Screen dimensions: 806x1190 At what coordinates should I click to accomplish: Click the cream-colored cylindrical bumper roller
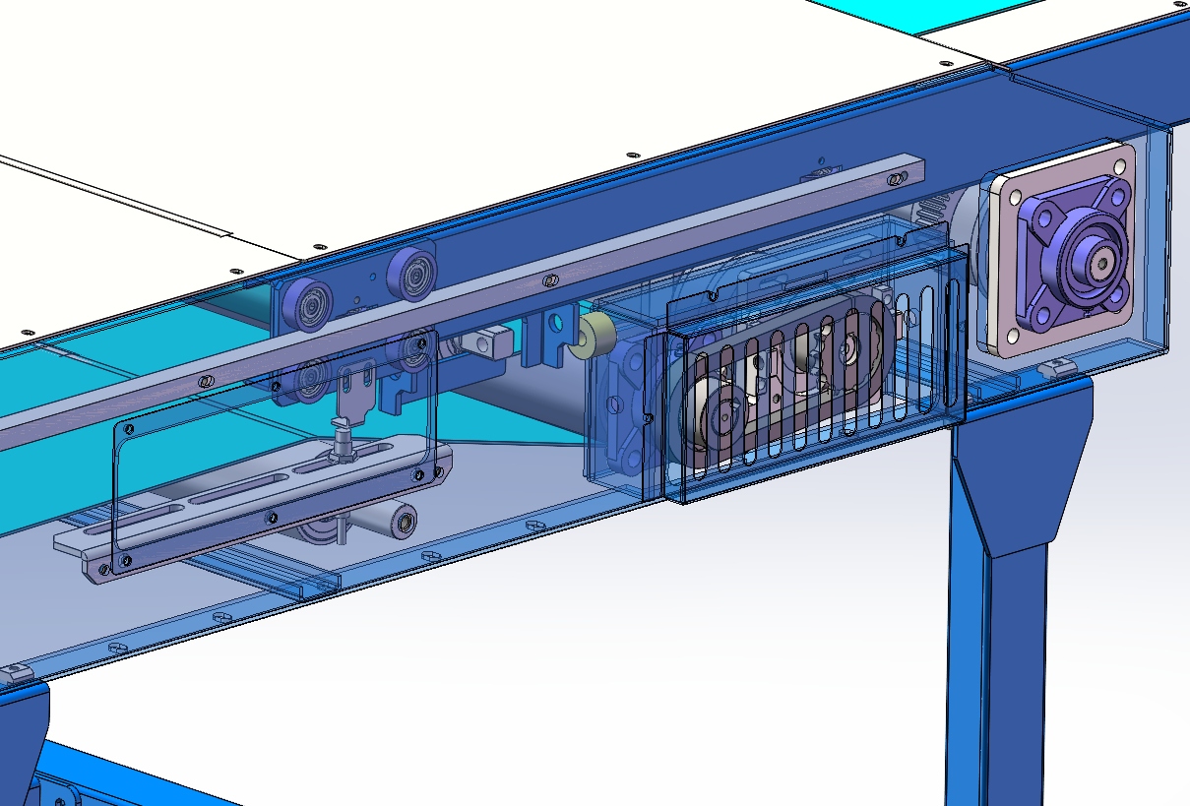pos(595,338)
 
